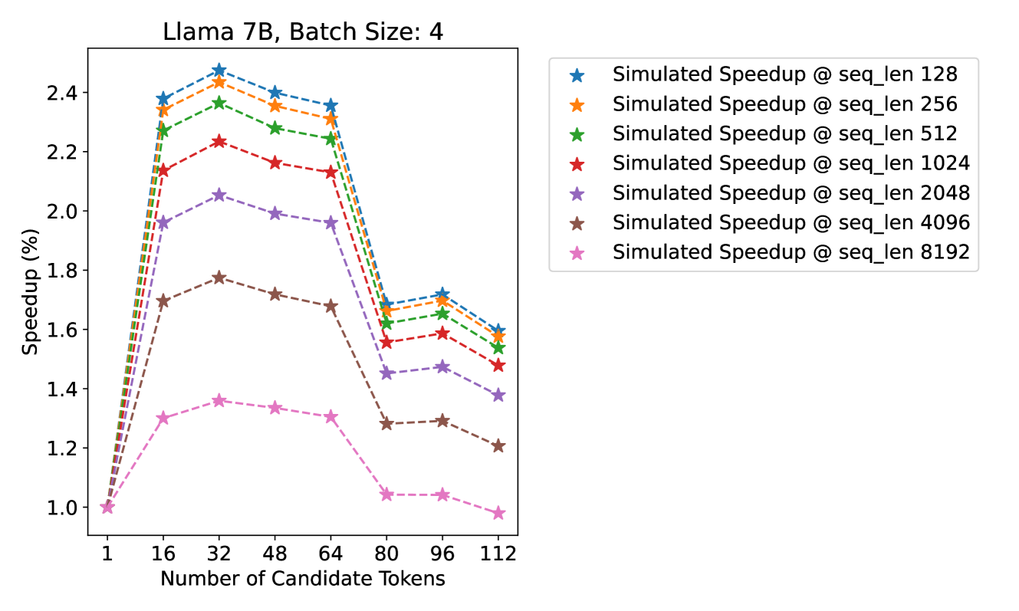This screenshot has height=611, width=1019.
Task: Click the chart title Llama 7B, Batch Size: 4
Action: [303, 32]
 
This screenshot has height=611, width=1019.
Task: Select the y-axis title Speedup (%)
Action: [29, 291]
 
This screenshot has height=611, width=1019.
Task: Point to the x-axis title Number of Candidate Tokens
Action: [303, 579]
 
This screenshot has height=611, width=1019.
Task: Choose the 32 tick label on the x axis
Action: [219, 553]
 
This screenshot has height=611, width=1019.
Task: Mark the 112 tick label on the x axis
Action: [498, 553]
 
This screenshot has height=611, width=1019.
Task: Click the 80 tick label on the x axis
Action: [386, 553]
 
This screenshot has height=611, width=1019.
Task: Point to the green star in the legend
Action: [577, 134]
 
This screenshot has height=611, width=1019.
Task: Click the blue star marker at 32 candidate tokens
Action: [219, 71]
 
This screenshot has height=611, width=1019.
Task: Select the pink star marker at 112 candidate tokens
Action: [498, 513]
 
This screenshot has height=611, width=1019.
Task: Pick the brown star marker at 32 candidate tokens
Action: [219, 278]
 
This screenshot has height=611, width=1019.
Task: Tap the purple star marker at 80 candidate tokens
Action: [386, 373]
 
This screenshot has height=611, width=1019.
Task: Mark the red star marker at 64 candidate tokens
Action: [330, 172]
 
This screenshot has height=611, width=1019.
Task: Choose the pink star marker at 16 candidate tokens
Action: [163, 418]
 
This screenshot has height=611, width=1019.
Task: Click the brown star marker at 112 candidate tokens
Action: [498, 446]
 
